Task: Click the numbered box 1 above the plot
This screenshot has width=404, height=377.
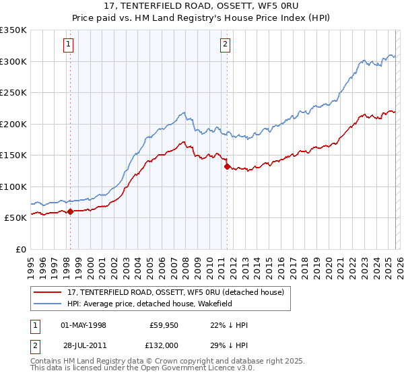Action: (x=69, y=45)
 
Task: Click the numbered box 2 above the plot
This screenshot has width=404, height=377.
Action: (x=225, y=45)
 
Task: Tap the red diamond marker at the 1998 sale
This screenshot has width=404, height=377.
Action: (x=70, y=211)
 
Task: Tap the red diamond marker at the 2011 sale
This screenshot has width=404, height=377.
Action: (x=227, y=166)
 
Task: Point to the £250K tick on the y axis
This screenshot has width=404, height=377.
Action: (x=14, y=92)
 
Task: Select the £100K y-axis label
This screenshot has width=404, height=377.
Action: (x=14, y=186)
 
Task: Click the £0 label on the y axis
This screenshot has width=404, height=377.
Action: (x=22, y=249)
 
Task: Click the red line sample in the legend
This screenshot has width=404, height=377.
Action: (x=47, y=292)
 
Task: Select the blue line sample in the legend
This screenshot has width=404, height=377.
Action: (x=47, y=304)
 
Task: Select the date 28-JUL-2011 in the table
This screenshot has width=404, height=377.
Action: (x=83, y=345)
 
